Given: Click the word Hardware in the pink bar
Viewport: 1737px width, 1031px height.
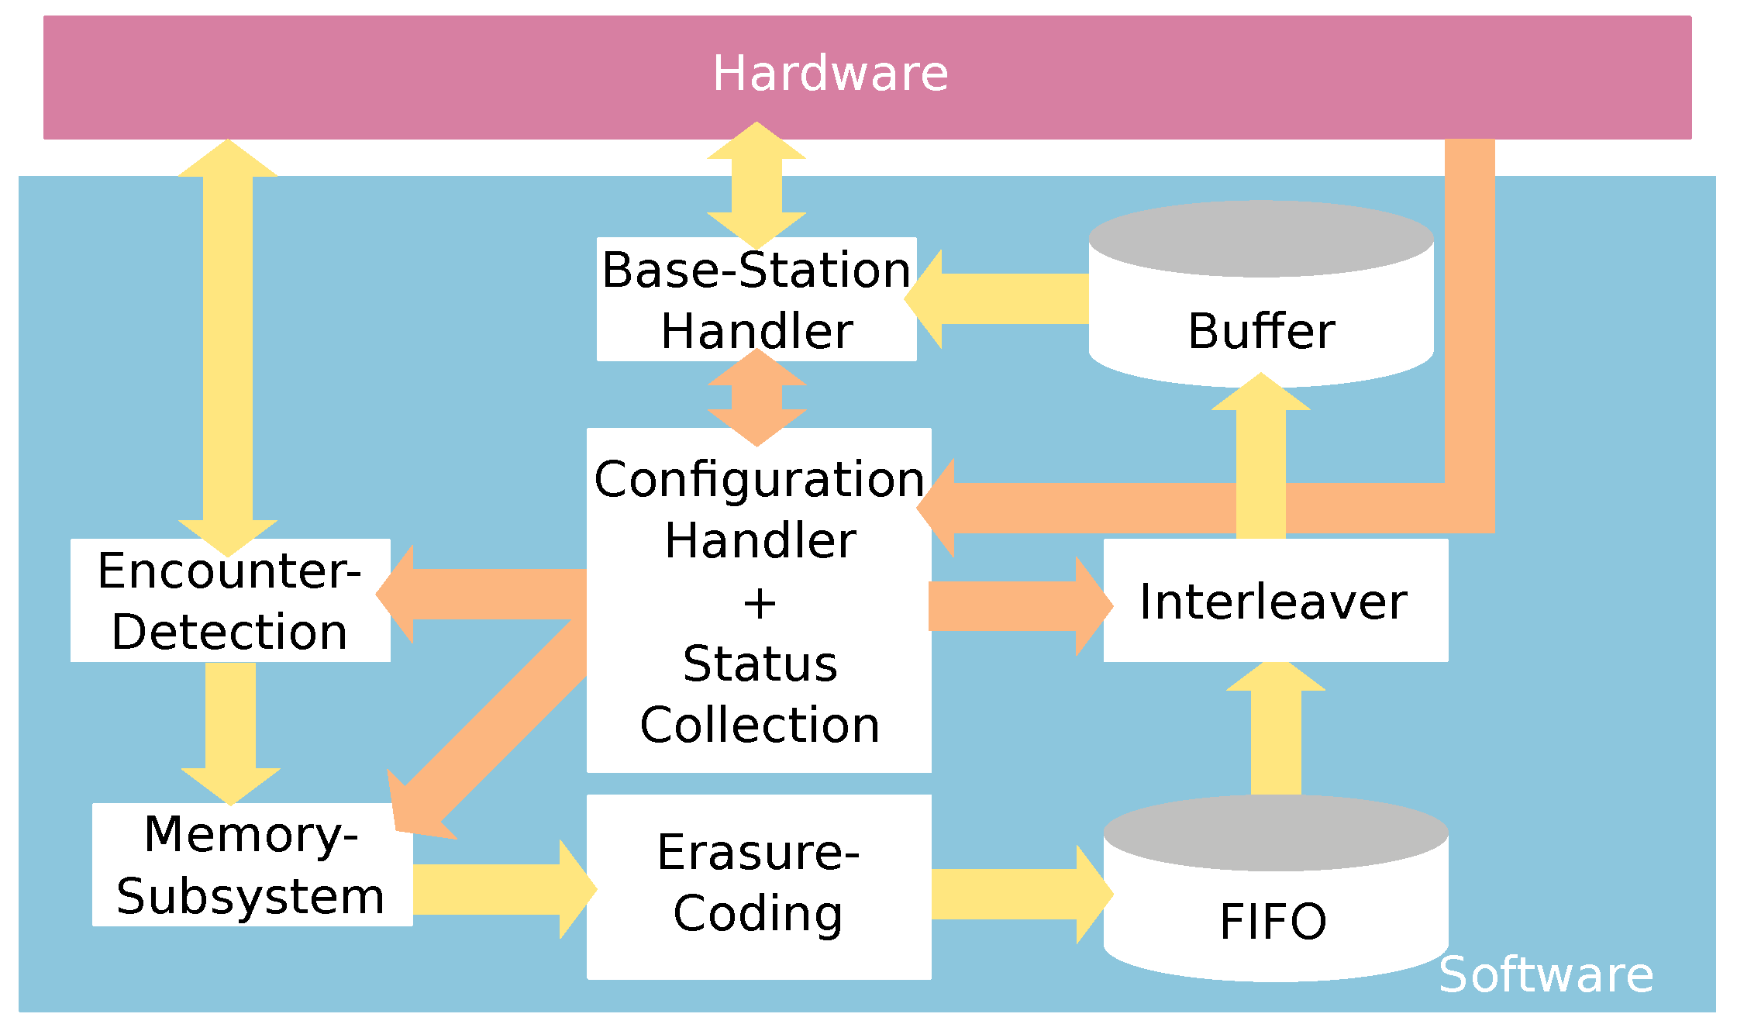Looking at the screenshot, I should [x=830, y=74].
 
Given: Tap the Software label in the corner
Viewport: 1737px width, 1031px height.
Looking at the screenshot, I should [x=1546, y=974].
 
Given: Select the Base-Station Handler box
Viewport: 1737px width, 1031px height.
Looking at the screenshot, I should [x=756, y=300].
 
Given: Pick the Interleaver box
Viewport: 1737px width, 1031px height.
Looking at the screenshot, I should [x=1275, y=601].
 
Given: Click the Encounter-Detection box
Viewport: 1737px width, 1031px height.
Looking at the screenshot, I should [x=230, y=601].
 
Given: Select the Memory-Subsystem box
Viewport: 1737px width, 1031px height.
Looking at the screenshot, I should [x=252, y=864].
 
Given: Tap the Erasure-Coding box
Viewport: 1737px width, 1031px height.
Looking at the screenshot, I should [x=758, y=884].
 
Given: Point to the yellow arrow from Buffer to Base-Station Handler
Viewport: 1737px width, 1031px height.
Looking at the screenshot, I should [x=1000, y=299].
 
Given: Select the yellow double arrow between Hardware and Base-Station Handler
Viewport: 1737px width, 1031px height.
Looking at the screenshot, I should [x=756, y=186].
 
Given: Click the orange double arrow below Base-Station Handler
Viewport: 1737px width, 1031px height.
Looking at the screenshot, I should [x=756, y=398].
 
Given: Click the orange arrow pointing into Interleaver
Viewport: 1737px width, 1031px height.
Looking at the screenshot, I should [x=1015, y=605].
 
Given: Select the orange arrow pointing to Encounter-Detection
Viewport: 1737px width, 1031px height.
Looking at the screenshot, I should [x=484, y=594].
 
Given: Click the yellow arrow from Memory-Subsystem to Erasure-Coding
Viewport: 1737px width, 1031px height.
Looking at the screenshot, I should [x=500, y=889].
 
